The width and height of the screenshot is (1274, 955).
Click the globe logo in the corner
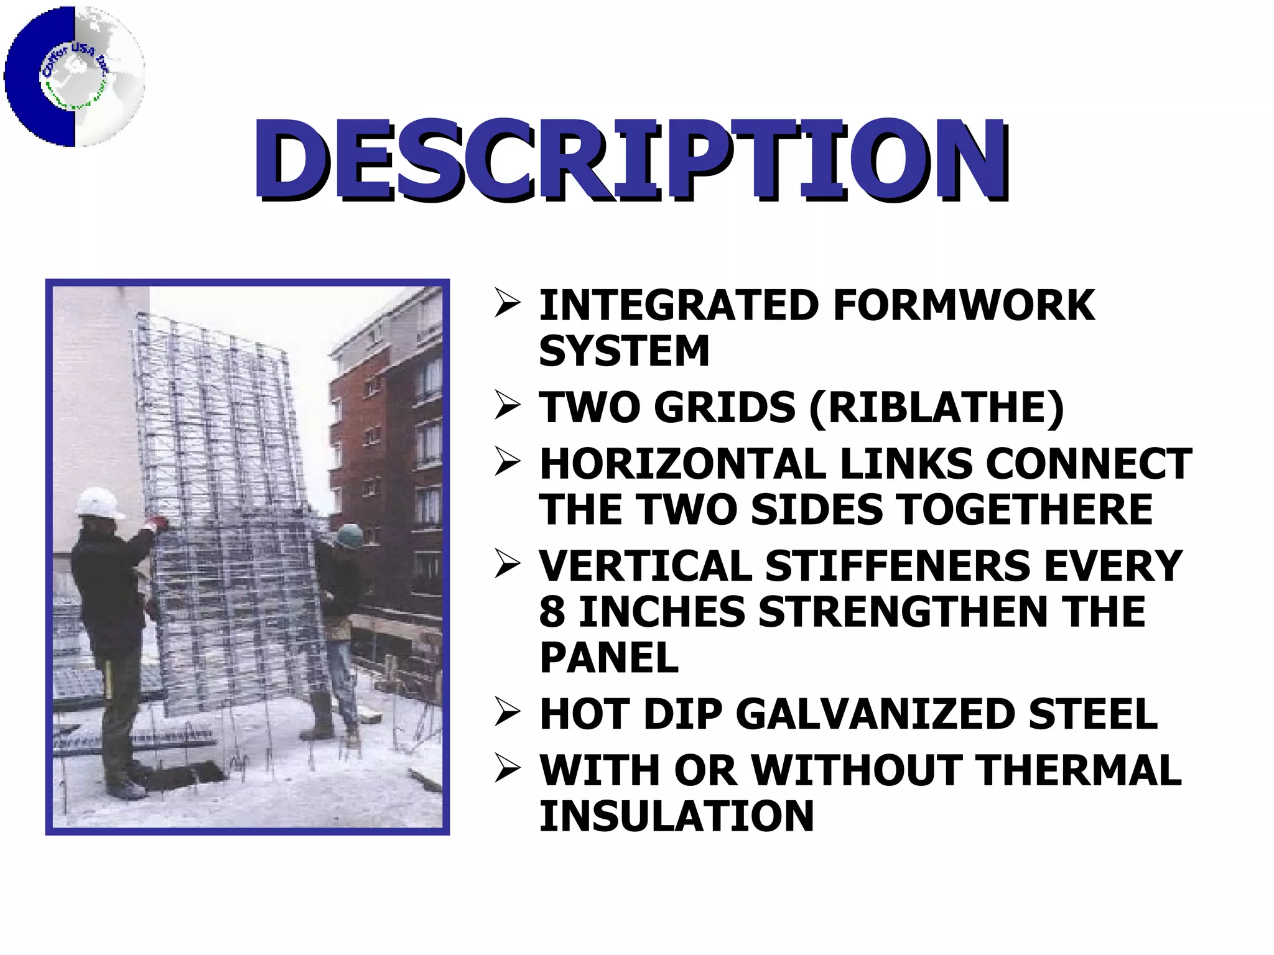tap(75, 76)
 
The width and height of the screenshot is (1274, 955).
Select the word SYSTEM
tap(624, 351)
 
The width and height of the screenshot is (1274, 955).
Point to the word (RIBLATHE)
tap(937, 408)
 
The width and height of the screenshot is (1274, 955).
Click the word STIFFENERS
tap(898, 566)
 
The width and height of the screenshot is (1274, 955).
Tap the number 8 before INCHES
tap(552, 612)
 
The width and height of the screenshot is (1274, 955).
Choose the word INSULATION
tap(676, 816)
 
